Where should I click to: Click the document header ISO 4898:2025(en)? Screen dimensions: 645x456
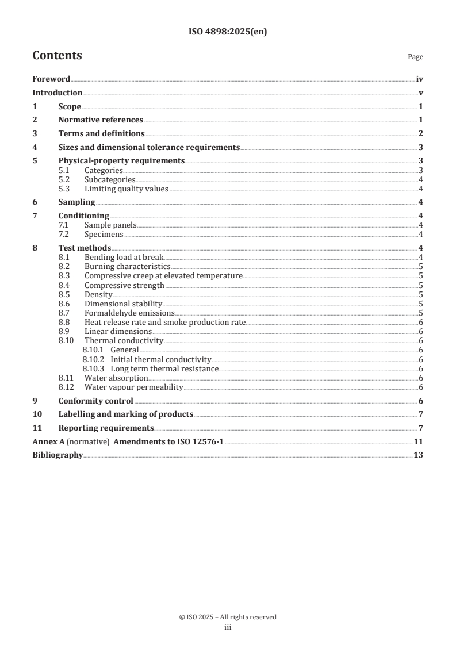pos(228,32)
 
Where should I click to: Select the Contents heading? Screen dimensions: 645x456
pos(57,56)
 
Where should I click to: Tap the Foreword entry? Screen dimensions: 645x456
pos(51,79)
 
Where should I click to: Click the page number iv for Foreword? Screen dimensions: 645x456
pos(419,79)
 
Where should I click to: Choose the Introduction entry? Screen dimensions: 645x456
pos(57,93)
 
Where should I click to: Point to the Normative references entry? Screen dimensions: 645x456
pos(101,120)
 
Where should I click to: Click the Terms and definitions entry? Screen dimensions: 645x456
pos(101,133)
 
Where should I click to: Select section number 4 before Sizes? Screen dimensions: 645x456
pos(35,147)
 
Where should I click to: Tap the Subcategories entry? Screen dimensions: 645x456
pos(110,179)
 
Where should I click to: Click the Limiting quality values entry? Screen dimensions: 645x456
pos(127,189)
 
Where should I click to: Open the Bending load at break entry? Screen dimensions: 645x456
pos(124,257)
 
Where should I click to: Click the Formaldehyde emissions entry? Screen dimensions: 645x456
pos(129,313)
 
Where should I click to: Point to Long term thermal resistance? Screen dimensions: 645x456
pos(164,368)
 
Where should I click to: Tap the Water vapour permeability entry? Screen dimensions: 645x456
pos(133,387)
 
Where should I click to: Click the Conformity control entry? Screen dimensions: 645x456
pos(95,401)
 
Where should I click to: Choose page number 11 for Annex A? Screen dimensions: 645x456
pos(419,441)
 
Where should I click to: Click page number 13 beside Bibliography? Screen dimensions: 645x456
pos(419,455)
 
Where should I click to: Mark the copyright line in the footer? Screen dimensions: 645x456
pos(228,617)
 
